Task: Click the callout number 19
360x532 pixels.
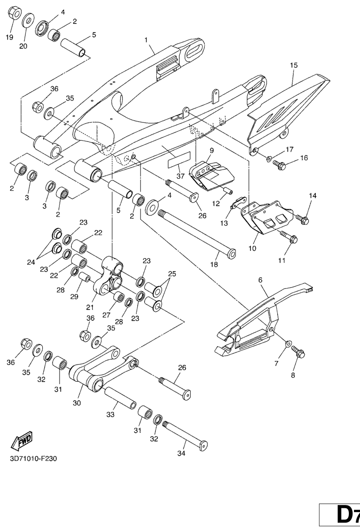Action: pyautogui.click(x=9, y=38)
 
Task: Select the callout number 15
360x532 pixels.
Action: pyautogui.click(x=293, y=66)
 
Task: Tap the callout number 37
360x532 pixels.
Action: pyautogui.click(x=179, y=176)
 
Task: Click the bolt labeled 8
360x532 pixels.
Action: pyautogui.click(x=298, y=352)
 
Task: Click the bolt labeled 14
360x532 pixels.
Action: pyautogui.click(x=302, y=219)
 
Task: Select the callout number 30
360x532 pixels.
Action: pyautogui.click(x=77, y=403)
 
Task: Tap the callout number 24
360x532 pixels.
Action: pyautogui.click(x=30, y=261)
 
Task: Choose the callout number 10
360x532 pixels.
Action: pyautogui.click(x=252, y=249)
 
